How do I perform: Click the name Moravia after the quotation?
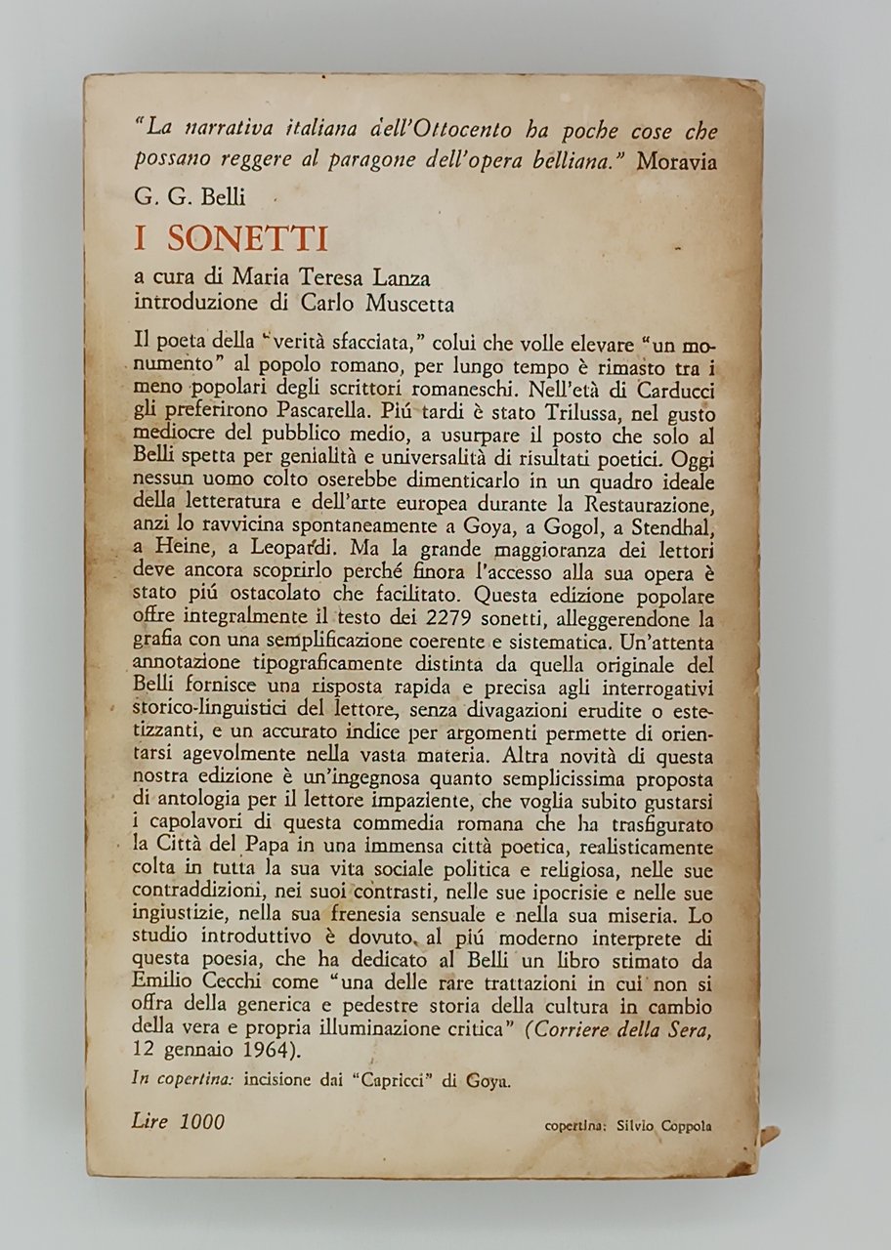(676, 162)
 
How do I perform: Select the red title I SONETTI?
(232, 238)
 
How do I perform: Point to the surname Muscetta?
(402, 303)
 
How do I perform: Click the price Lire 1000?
(177, 1121)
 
